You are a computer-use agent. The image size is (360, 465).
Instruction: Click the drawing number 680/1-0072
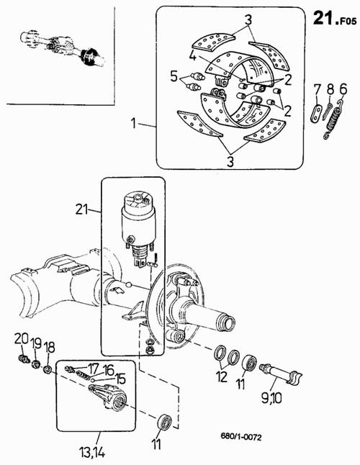[240, 436]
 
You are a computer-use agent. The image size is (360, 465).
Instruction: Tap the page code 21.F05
[335, 19]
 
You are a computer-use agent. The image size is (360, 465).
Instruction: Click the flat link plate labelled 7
[316, 113]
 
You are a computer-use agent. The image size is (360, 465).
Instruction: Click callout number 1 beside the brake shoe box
[134, 123]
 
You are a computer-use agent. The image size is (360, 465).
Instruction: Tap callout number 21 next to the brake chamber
[81, 209]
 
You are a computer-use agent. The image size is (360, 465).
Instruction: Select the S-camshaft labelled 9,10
[281, 374]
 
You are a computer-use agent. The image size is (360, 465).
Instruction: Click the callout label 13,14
[92, 453]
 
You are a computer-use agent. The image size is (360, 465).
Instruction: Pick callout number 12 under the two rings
[222, 376]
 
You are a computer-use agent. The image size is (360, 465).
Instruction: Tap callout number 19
[36, 344]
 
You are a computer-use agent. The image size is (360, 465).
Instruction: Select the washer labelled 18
[48, 369]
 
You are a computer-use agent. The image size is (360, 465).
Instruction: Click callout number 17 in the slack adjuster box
[93, 369]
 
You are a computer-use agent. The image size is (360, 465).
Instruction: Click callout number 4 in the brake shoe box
[193, 55]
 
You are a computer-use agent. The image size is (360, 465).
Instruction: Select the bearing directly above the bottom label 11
[163, 422]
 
